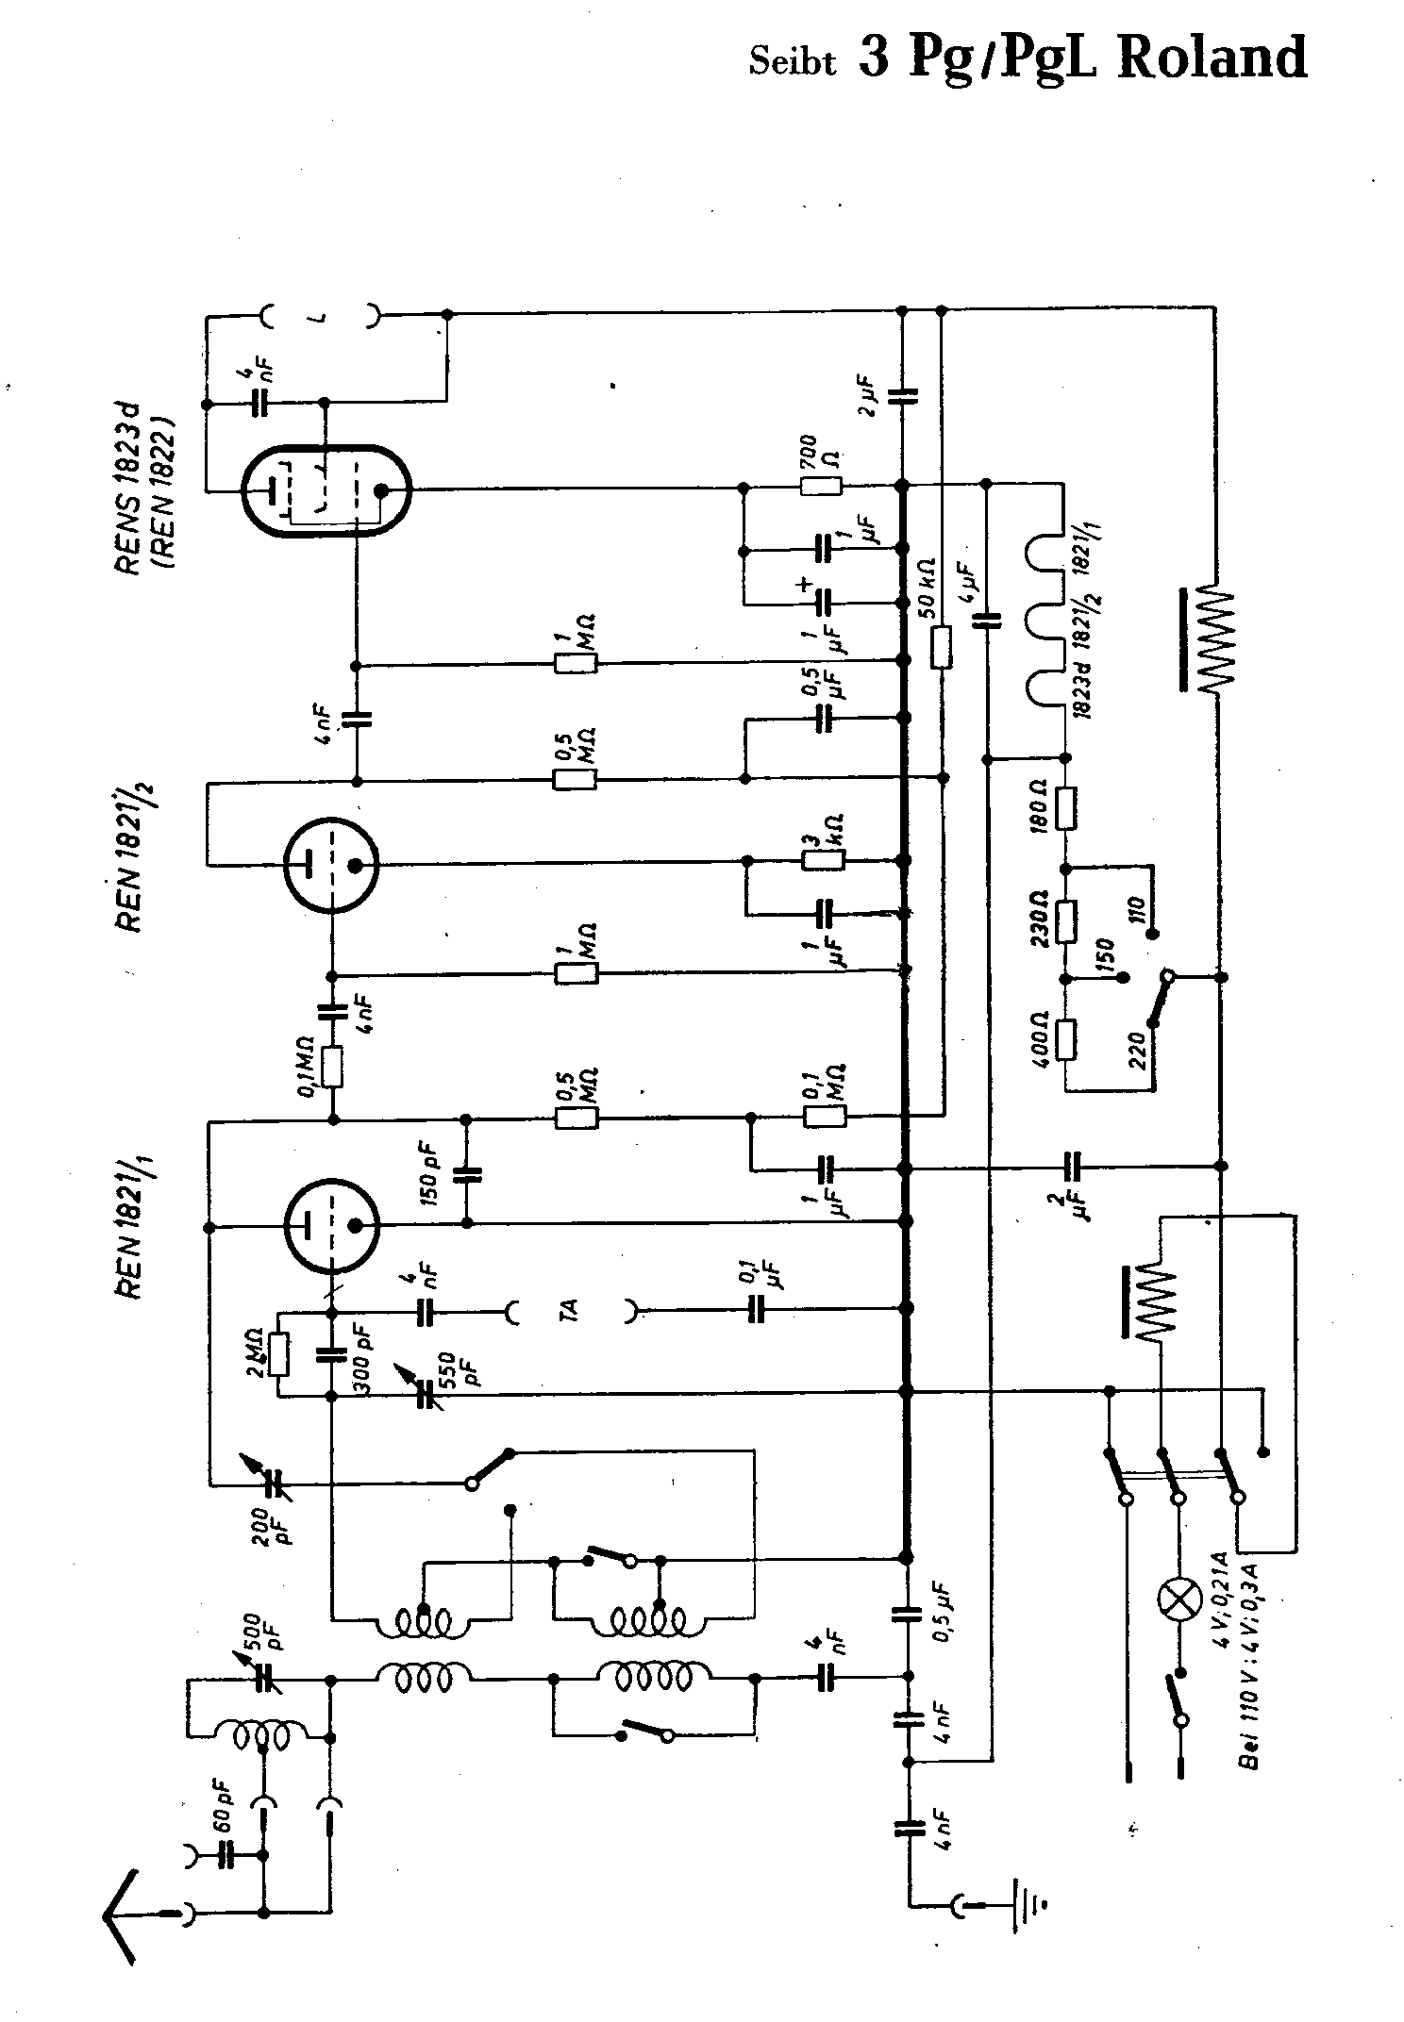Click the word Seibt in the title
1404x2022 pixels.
coord(792,62)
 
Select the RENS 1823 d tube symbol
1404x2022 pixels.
coord(326,490)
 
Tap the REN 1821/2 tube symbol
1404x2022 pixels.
coord(331,864)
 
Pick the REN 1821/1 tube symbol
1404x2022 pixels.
coord(331,1225)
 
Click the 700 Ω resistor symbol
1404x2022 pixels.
coord(821,488)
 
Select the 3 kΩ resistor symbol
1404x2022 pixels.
coord(823,860)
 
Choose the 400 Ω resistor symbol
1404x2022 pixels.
coord(1065,1039)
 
